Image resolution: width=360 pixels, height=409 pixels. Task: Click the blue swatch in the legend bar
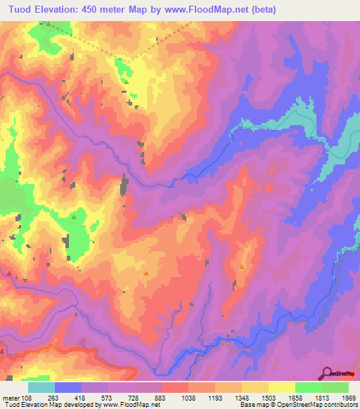[x=67, y=387]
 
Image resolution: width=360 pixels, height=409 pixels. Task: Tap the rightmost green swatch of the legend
[x=335, y=387]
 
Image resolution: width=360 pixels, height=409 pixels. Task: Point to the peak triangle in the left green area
[x=75, y=217]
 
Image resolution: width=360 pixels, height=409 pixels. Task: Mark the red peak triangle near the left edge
[x=9, y=272]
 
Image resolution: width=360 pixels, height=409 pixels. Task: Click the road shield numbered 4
[x=2, y=349]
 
